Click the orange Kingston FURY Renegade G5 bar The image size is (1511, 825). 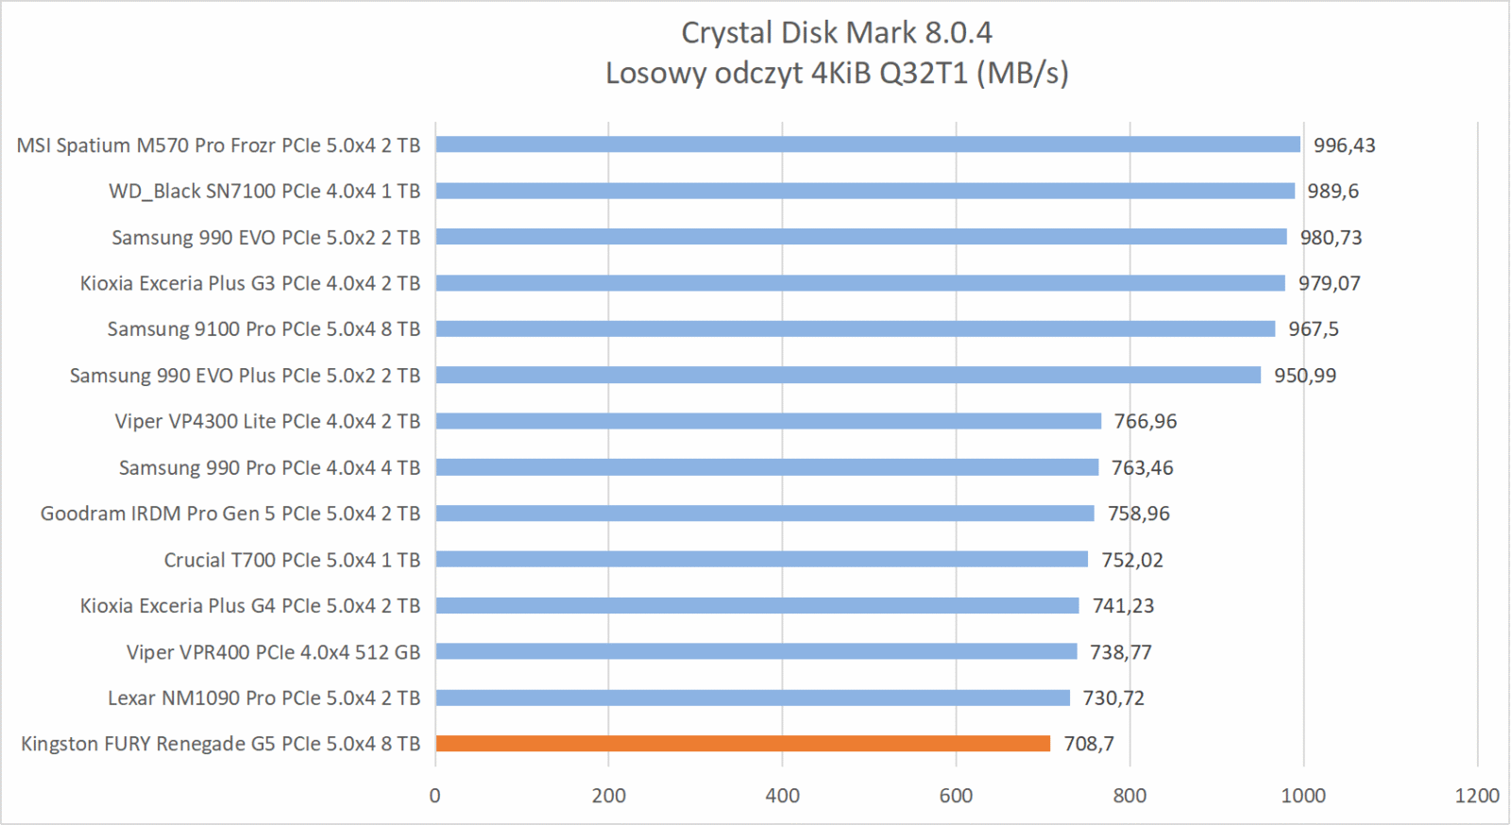[x=742, y=744]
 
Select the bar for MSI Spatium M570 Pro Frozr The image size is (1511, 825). [x=868, y=144]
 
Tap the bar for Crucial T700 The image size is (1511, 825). [x=761, y=560]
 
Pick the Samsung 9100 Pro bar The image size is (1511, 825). [x=855, y=328]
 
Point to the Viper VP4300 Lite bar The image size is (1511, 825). [x=768, y=421]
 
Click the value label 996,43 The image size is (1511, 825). [x=1344, y=145]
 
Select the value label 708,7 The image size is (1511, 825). [x=1089, y=744]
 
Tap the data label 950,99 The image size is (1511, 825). [x=1305, y=376]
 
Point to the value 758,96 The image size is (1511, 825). [x=1138, y=514]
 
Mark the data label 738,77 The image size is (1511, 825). [x=1121, y=652]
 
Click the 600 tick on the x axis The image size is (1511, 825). [x=956, y=796]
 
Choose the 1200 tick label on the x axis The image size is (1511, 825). [x=1477, y=796]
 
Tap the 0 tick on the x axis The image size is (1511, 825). [x=434, y=796]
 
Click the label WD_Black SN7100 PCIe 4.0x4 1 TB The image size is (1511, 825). [x=264, y=192]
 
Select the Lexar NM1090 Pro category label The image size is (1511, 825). [x=263, y=699]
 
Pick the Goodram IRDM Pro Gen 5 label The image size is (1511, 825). [x=230, y=514]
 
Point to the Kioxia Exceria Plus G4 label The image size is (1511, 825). [x=250, y=606]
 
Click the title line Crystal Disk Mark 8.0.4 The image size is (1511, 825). [x=837, y=33]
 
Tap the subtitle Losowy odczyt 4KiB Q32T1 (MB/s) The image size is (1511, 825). [x=837, y=73]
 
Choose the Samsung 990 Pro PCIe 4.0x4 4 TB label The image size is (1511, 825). [x=269, y=468]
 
